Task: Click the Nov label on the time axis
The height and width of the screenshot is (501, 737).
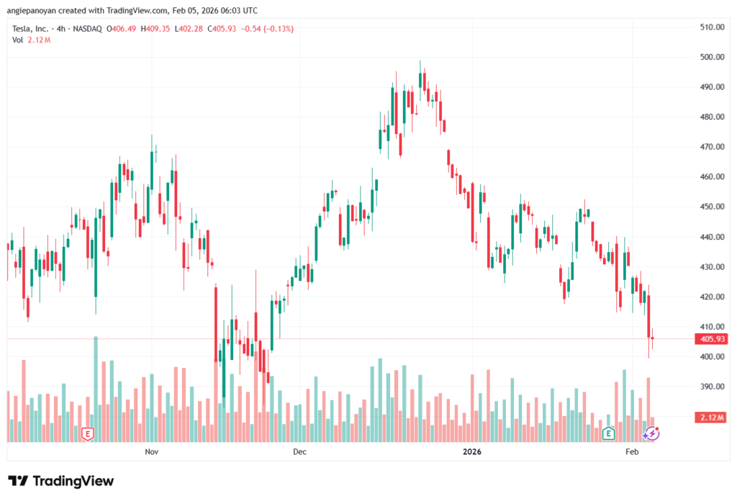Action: pos(151,452)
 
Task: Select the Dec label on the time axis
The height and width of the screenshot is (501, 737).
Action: pos(300,452)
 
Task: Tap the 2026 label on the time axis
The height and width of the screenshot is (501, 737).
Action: pos(472,452)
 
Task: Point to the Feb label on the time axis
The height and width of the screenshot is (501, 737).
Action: pos(632,452)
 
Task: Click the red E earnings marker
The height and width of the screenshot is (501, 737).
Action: pos(88,433)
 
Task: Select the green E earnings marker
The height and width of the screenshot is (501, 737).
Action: pos(608,433)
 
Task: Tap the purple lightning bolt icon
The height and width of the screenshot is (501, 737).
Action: pos(651,433)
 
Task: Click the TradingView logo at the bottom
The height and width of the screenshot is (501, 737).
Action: pos(61,481)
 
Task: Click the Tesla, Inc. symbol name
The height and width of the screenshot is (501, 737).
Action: pos(33,29)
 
